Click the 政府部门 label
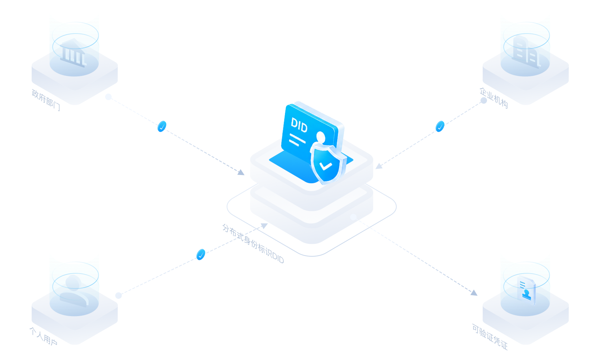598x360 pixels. (x=46, y=100)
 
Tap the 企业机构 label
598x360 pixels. (x=494, y=98)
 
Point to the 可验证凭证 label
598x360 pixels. (x=490, y=337)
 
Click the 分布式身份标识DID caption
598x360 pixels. (x=253, y=244)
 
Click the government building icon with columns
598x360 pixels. (x=73, y=53)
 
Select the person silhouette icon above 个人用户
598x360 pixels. (x=74, y=291)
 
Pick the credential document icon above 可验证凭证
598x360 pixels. (x=526, y=291)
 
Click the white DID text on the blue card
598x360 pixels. (x=299, y=125)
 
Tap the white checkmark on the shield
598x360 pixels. (x=326, y=166)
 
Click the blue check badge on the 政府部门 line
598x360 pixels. (x=162, y=126)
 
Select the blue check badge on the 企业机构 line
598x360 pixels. (x=440, y=126)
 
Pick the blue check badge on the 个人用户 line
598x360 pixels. (x=201, y=254)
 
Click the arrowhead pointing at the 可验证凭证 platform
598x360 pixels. (x=474, y=293)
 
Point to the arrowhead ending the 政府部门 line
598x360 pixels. (x=241, y=172)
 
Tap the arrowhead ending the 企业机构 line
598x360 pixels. (x=379, y=166)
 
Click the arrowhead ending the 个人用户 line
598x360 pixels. (x=264, y=226)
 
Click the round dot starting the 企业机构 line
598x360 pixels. (x=484, y=100)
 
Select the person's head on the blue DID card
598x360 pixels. (x=321, y=137)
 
